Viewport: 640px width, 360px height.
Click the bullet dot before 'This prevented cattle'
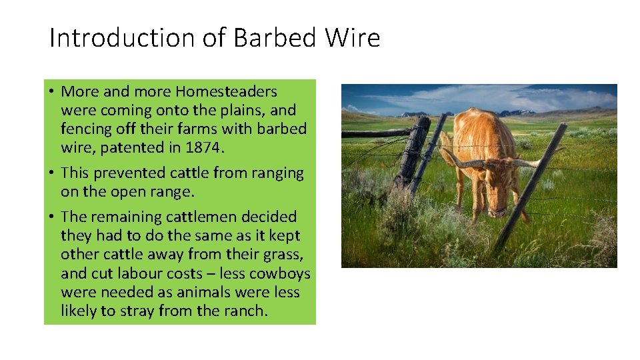click(x=52, y=173)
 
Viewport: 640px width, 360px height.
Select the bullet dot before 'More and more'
click(x=52, y=91)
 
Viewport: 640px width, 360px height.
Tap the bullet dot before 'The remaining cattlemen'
click(x=52, y=217)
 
